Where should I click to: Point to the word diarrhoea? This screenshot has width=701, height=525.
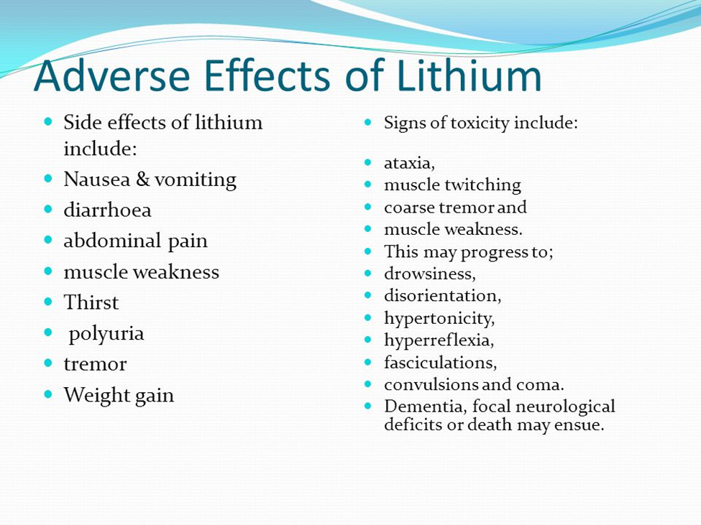pyautogui.click(x=107, y=210)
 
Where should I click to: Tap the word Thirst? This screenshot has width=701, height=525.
pyautogui.click(x=91, y=302)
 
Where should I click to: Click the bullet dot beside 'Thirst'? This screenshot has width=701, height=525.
pyautogui.click(x=49, y=302)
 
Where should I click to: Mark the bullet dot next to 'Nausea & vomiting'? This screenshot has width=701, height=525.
pyautogui.click(x=49, y=179)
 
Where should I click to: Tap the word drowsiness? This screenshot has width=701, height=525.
pyautogui.click(x=430, y=274)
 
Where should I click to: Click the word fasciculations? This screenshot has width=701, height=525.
pyautogui.click(x=440, y=363)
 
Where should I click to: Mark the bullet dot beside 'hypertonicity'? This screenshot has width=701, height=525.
pyautogui.click(x=368, y=317)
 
